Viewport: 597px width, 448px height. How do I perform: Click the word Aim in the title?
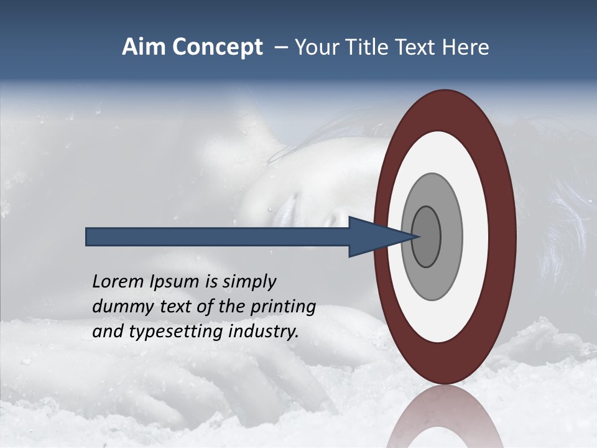144,47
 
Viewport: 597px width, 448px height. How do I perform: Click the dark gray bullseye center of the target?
426,236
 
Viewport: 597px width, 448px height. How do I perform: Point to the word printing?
283,306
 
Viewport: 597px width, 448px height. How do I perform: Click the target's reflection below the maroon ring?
445,417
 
